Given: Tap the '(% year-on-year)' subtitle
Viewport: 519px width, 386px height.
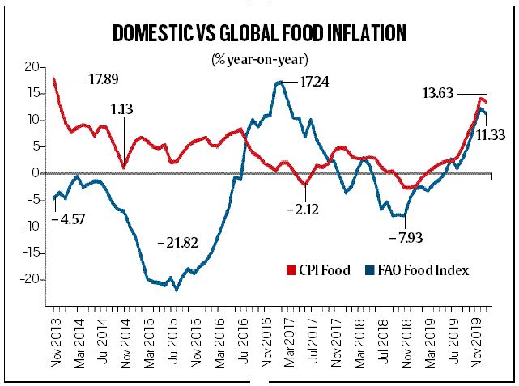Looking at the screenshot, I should tap(260, 58).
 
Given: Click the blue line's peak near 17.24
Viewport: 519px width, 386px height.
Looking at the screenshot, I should tap(279, 82).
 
